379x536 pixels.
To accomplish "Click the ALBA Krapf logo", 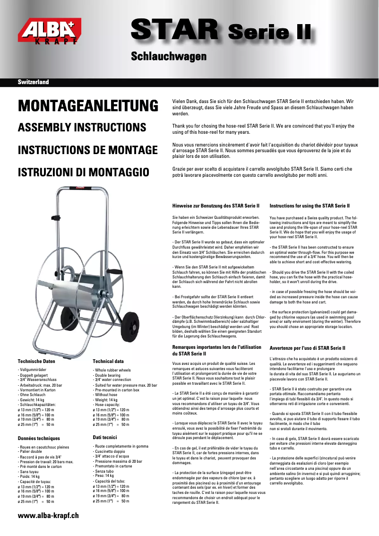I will pyautogui.click(x=49, y=31).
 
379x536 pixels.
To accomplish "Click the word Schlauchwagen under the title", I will pyautogui.click(x=168, y=57).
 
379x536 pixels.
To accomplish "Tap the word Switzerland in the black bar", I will pyautogui.click(x=34, y=82).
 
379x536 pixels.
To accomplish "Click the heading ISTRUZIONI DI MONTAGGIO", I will pyautogui.click(x=83, y=172).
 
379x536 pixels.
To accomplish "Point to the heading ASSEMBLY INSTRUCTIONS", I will pyautogui.click(x=82, y=128).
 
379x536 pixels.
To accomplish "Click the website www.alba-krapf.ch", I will pyautogui.click(x=48, y=516).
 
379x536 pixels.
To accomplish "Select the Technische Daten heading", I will pyautogui.click(x=36, y=361).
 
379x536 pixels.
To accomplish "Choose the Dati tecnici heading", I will pyautogui.click(x=105, y=438).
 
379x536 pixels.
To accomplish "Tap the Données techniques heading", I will pyautogui.click(x=39, y=439).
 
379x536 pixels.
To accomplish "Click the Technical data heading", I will pyautogui.click(x=108, y=361).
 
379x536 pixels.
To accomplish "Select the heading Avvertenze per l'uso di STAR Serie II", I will pyautogui.click(x=308, y=348).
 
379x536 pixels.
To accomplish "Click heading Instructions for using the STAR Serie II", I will pyautogui.click(x=310, y=206).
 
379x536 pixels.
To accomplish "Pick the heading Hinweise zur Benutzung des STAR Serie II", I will pyautogui.click(x=216, y=206).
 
